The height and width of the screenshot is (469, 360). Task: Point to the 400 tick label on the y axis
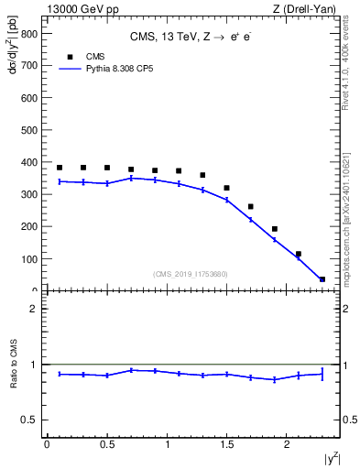point(28,162)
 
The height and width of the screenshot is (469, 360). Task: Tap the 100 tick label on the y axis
point(28,259)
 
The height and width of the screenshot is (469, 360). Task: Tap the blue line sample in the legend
point(71,68)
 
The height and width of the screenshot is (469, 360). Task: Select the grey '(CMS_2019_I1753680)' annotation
point(191,274)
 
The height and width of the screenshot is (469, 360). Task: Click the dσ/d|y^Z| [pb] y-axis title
point(13,55)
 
